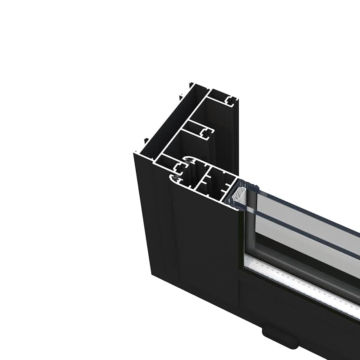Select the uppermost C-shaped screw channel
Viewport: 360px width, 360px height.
pyautogui.click(x=231, y=101)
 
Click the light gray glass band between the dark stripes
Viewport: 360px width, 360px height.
pyautogui.click(x=304, y=222)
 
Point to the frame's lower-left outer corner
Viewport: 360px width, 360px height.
pyautogui.click(x=151, y=274)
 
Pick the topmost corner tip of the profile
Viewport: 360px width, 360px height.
pyautogui.click(x=190, y=83)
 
